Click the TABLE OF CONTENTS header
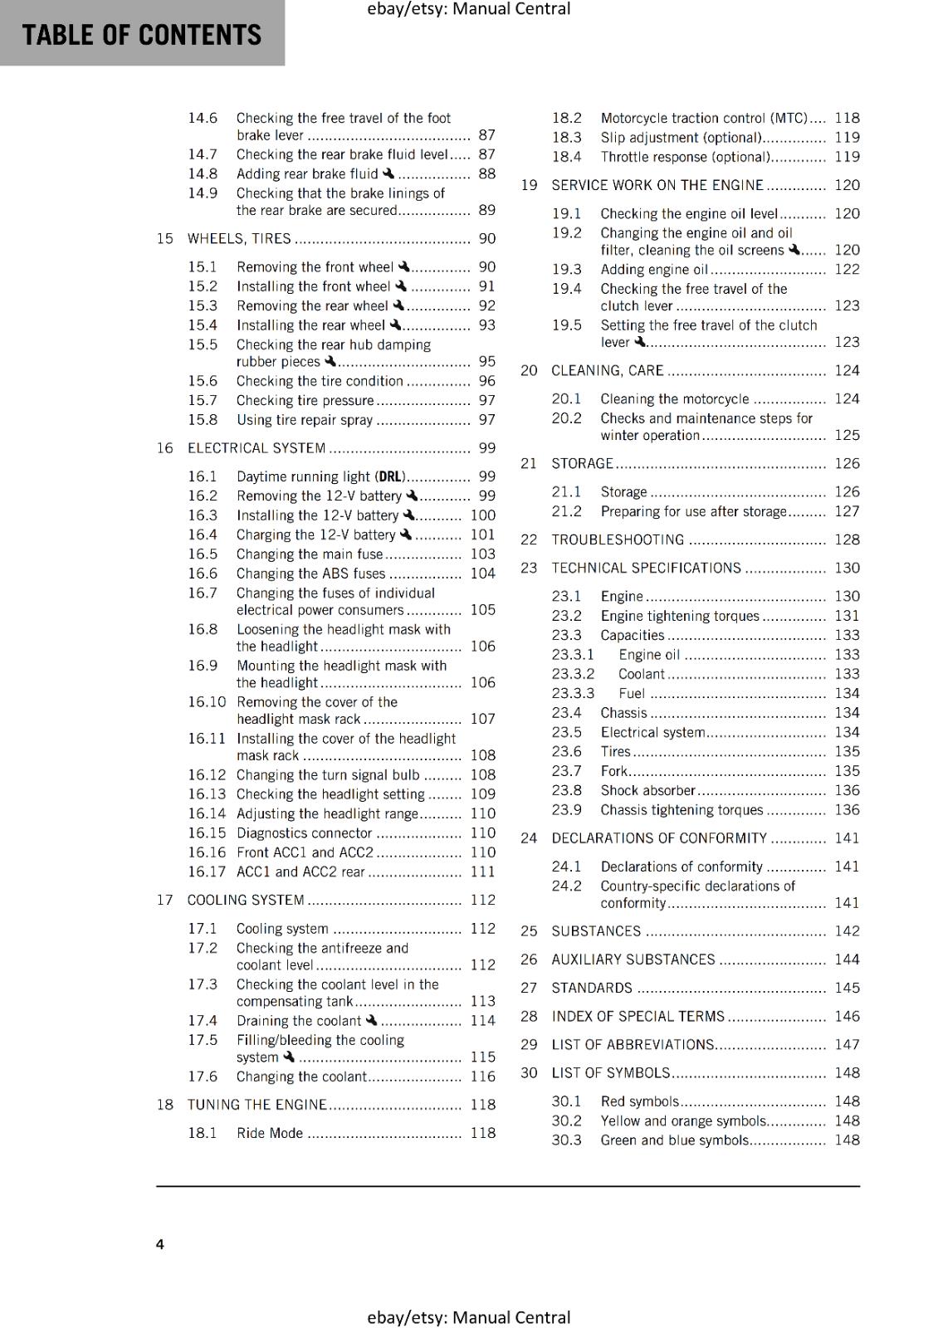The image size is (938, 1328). tap(142, 35)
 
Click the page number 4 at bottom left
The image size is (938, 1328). tap(160, 1243)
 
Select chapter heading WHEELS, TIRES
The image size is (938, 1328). tap(239, 239)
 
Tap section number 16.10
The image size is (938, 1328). tap(207, 702)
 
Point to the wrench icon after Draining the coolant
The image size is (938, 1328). tap(371, 1020)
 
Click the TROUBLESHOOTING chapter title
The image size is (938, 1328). tap(618, 540)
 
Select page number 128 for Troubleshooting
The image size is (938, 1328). tap(847, 540)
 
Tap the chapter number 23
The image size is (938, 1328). tap(529, 569)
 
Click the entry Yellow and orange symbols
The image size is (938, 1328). tap(683, 1121)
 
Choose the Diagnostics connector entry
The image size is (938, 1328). tap(304, 833)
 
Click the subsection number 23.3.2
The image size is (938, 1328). tap(573, 675)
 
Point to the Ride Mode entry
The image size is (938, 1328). tap(270, 1134)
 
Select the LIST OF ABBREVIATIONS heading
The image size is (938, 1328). tap(633, 1045)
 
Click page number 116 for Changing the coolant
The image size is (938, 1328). tap(482, 1077)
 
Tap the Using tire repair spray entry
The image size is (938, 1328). tap(305, 421)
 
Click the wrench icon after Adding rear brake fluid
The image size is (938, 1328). tap(388, 173)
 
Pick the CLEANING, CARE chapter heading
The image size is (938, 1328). tap(608, 371)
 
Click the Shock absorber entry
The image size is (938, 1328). tap(647, 791)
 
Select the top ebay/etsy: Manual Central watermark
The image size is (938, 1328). tap(468, 9)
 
